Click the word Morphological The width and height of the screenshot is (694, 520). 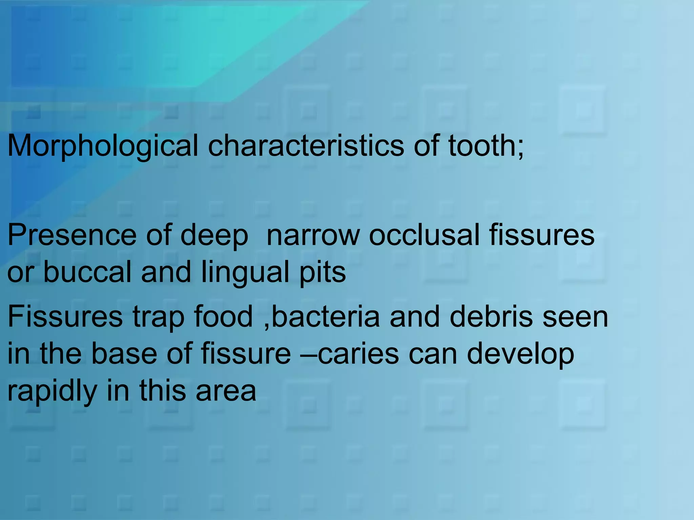pyautogui.click(x=102, y=146)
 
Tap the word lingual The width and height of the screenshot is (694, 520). pyautogui.click(x=245, y=273)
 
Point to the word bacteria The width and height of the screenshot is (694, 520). pyautogui.click(x=326, y=317)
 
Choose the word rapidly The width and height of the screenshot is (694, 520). pyautogui.click(x=52, y=391)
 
